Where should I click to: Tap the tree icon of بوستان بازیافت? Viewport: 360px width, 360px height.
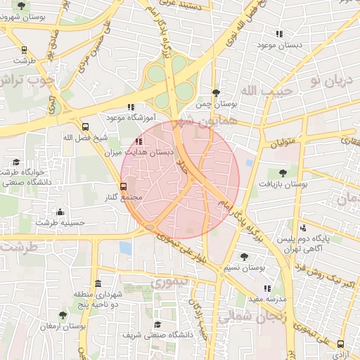283,172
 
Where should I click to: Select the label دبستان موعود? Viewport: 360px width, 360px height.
279,45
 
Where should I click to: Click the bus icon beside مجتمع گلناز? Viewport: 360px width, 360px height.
124,186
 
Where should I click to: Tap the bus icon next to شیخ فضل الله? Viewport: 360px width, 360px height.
85,127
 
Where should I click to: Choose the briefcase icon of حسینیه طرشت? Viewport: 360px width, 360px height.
60,212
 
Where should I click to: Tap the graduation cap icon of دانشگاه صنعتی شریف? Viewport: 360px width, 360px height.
158,324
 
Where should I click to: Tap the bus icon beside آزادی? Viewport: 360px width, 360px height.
341,345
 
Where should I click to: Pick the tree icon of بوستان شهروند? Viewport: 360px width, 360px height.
21,6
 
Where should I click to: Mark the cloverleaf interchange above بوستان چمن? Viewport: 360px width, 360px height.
174,79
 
